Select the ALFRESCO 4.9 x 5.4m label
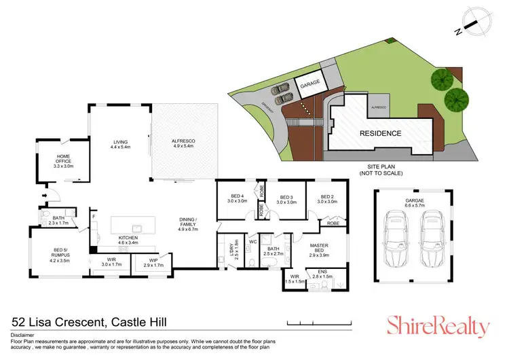coord(183,144)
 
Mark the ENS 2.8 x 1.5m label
coord(322,275)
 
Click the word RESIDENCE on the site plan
coord(380,133)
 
